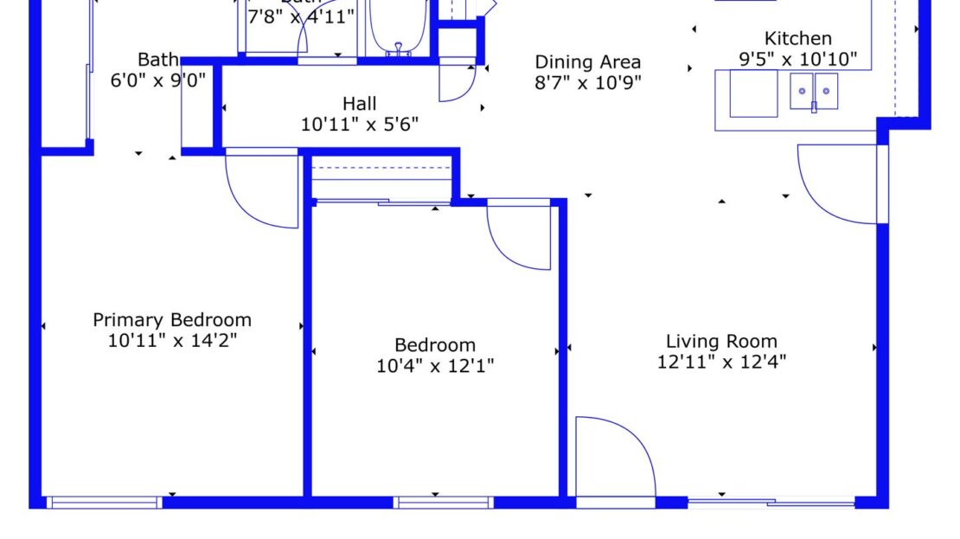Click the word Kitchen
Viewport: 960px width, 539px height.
pyautogui.click(x=797, y=39)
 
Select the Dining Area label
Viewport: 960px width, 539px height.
pyautogui.click(x=587, y=62)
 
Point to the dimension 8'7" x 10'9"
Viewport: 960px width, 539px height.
pyautogui.click(x=587, y=83)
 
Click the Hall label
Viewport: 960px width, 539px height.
pyautogui.click(x=359, y=104)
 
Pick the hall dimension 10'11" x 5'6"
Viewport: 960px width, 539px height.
pyautogui.click(x=359, y=124)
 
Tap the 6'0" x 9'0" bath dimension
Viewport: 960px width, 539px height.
pyautogui.click(x=157, y=80)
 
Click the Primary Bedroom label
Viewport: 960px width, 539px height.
pyautogui.click(x=172, y=320)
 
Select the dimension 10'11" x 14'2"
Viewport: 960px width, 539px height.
pyautogui.click(x=172, y=340)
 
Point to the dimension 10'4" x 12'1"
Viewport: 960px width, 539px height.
pyautogui.click(x=435, y=366)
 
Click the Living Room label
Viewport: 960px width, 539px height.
pyautogui.click(x=721, y=341)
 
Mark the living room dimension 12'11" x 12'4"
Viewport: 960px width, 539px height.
pyautogui.click(x=721, y=362)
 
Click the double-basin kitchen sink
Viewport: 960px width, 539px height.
pyautogui.click(x=814, y=92)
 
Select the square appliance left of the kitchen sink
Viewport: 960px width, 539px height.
pyautogui.click(x=753, y=93)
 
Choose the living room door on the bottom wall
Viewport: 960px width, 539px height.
pyautogui.click(x=614, y=459)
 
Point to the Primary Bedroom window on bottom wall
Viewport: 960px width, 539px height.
pyautogui.click(x=105, y=502)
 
